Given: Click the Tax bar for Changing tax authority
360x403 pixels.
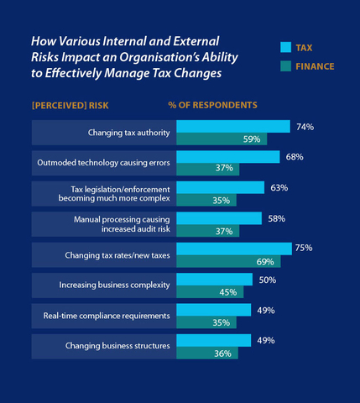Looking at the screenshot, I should click(x=232, y=127).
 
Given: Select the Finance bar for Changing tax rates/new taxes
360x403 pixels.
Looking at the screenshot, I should click(x=227, y=262).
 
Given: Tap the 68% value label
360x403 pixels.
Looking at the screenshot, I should click(x=294, y=157).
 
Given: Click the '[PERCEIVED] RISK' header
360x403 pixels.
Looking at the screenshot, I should click(x=68, y=107).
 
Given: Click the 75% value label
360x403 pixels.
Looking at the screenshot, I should click(x=304, y=248).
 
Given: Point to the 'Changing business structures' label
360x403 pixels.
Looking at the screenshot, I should click(x=117, y=346).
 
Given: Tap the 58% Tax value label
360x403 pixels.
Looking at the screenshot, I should click(x=276, y=217).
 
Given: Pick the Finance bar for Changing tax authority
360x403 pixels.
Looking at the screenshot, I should click(x=222, y=139).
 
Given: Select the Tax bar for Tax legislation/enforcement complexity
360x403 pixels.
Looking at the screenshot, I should click(x=220, y=187).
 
